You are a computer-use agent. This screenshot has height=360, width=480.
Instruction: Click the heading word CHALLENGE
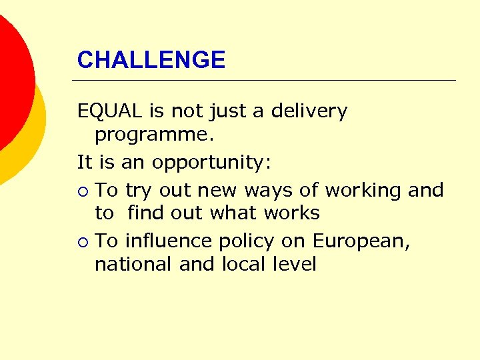(151, 60)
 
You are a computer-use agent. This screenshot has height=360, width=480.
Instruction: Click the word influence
(175, 240)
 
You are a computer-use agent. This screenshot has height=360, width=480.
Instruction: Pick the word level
(294, 264)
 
